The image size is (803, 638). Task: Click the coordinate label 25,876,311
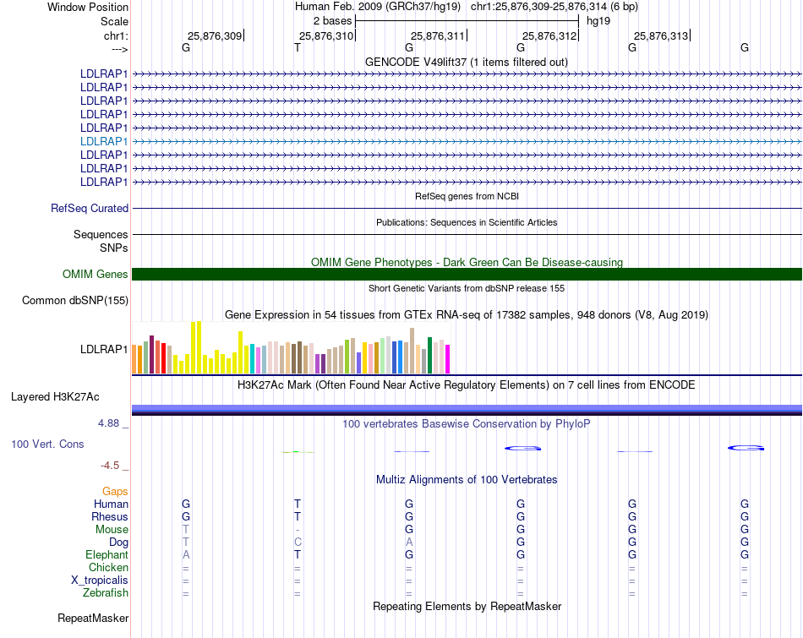click(437, 35)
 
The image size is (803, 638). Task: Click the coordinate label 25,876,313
click(660, 35)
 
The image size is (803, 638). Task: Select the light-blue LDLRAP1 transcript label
click(104, 141)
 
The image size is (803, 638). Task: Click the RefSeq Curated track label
click(90, 208)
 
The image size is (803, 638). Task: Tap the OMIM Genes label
click(96, 274)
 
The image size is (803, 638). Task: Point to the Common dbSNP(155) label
click(75, 300)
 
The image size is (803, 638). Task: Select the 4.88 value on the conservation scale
click(112, 423)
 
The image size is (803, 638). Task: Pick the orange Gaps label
click(115, 491)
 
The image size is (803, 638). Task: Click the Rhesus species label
click(110, 516)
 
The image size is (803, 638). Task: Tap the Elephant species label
click(107, 554)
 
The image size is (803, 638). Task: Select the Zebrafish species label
click(106, 592)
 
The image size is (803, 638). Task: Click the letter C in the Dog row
click(298, 542)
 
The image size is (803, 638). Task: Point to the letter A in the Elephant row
click(186, 554)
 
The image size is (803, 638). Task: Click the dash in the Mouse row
click(298, 529)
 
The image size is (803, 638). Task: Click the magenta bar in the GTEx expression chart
click(447, 358)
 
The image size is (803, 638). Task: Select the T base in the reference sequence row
click(298, 48)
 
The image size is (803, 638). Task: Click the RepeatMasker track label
click(93, 619)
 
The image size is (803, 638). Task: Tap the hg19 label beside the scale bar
click(598, 20)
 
